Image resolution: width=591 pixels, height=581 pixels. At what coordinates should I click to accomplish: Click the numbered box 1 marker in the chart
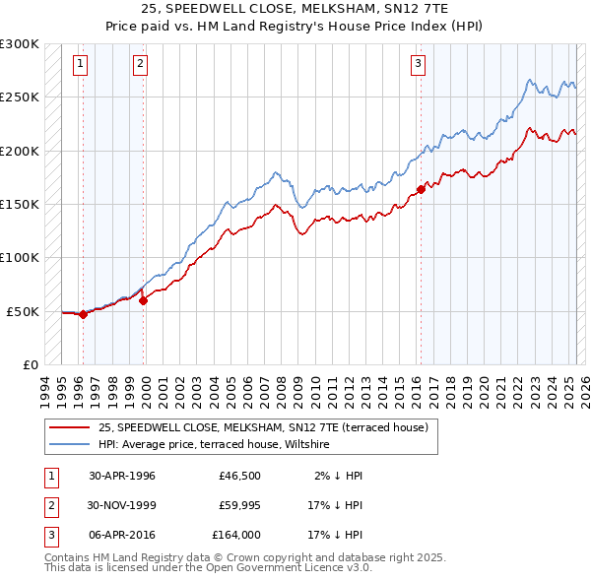click(x=80, y=65)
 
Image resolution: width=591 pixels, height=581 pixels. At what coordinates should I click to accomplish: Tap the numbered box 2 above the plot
click(x=141, y=65)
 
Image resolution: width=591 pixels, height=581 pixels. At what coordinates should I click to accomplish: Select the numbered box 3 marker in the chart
click(x=418, y=65)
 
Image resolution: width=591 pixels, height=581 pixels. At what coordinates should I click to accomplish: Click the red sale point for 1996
click(x=83, y=315)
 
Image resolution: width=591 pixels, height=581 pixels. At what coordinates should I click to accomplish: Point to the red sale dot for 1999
click(x=144, y=300)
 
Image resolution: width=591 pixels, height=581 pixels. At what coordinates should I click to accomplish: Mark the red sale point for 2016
click(x=421, y=189)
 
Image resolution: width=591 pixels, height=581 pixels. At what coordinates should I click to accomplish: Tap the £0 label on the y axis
click(x=30, y=364)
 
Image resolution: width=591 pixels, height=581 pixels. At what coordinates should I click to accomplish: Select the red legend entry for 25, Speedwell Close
click(x=262, y=428)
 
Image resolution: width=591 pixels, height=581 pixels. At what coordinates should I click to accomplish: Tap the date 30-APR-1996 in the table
click(x=122, y=476)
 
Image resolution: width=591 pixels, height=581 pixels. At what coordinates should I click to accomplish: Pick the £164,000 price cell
click(x=235, y=535)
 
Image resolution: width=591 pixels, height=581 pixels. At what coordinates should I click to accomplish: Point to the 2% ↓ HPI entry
click(x=339, y=476)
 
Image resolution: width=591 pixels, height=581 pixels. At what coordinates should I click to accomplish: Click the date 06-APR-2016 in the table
click(x=122, y=535)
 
